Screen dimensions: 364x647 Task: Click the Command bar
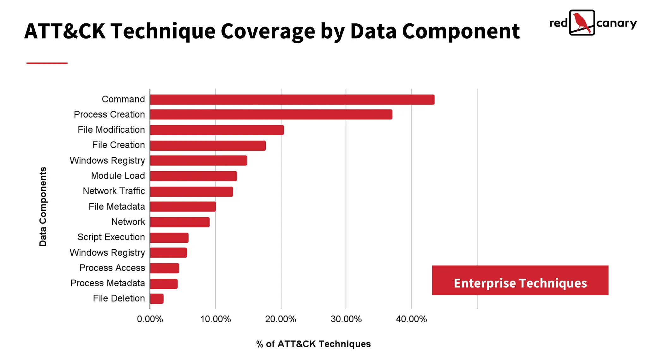pyautogui.click(x=292, y=100)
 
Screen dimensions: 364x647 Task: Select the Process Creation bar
pyautogui.click(x=271, y=114)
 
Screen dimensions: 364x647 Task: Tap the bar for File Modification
pyautogui.click(x=217, y=130)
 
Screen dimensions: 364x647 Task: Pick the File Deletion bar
pyautogui.click(x=157, y=299)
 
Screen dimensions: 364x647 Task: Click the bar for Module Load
pyautogui.click(x=193, y=176)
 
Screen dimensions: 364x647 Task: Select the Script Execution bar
pyautogui.click(x=169, y=238)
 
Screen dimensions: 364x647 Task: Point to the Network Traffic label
pyautogui.click(x=114, y=191)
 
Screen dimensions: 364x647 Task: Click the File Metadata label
pyautogui.click(x=117, y=207)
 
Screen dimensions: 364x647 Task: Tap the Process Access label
pyautogui.click(x=112, y=268)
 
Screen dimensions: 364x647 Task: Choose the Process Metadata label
pyautogui.click(x=107, y=283)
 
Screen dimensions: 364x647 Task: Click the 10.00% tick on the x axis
pyautogui.click(x=215, y=319)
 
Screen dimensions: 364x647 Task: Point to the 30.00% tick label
pyautogui.click(x=346, y=319)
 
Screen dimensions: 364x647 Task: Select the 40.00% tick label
pyautogui.click(x=411, y=319)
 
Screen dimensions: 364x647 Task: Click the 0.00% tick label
pyautogui.click(x=150, y=319)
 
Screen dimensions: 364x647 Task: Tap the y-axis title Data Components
pyautogui.click(x=43, y=207)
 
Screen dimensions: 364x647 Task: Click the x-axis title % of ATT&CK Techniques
pyautogui.click(x=313, y=344)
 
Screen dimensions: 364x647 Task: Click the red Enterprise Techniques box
pyautogui.click(x=520, y=280)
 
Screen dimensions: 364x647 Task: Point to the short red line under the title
pyautogui.click(x=47, y=63)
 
